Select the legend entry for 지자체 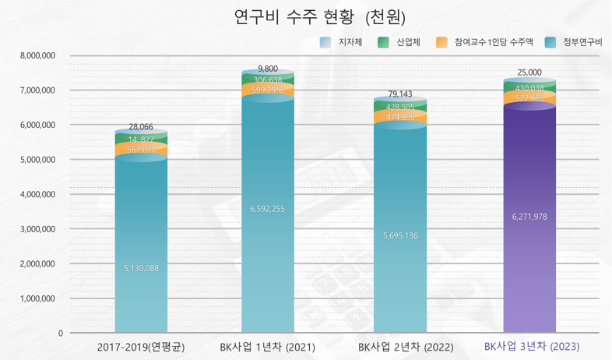click(x=343, y=42)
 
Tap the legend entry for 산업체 click(x=401, y=42)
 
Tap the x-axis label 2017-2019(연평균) click(x=140, y=346)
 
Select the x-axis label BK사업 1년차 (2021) click(x=267, y=346)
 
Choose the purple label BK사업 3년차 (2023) click(x=532, y=346)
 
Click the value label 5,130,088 click(x=141, y=268)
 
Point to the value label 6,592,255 click(x=267, y=209)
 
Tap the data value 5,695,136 click(x=400, y=235)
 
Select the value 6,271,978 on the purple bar click(x=529, y=217)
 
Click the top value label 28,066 click(x=141, y=126)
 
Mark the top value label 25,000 click(x=529, y=72)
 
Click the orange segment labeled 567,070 click(x=141, y=149)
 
